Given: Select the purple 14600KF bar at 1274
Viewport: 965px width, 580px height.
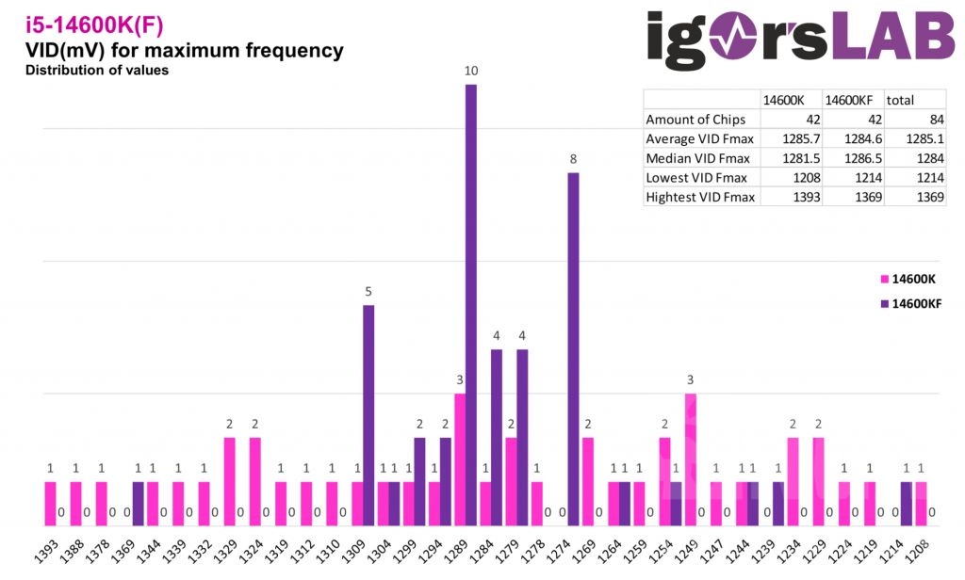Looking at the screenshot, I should pos(573,348).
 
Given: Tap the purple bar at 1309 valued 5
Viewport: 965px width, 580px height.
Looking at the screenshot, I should pos(368,414).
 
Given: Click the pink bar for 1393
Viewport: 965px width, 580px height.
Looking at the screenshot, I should pos(50,504).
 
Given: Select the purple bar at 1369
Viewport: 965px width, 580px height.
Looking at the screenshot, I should pos(139,504).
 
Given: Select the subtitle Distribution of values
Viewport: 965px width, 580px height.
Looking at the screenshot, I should pos(97,71).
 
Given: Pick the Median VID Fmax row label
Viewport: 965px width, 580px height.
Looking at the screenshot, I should pos(695,157).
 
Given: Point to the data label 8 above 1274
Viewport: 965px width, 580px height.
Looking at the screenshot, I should pos(573,159).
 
